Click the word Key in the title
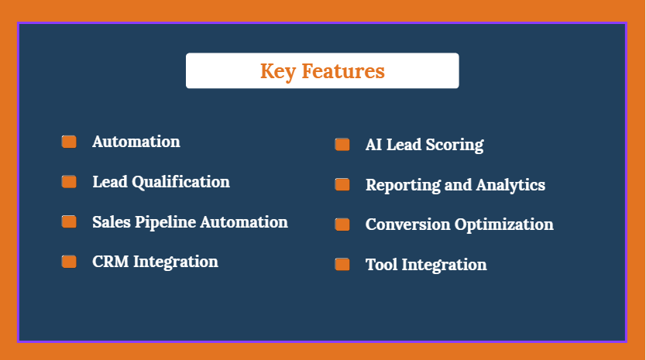point(277,72)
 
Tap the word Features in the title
point(343,71)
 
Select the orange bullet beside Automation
point(69,141)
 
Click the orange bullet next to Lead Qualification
point(69,181)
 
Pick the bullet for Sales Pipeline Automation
point(69,221)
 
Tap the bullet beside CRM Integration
point(69,261)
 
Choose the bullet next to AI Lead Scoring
point(342,144)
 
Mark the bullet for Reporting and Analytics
point(342,184)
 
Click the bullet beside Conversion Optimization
point(342,224)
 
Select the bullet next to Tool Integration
point(342,264)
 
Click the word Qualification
point(180,182)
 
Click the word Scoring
point(455,145)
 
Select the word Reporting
point(403,185)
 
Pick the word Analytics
point(510,185)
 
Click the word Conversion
point(408,225)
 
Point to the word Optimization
point(503,225)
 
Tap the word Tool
point(382,265)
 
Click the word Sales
point(112,222)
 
